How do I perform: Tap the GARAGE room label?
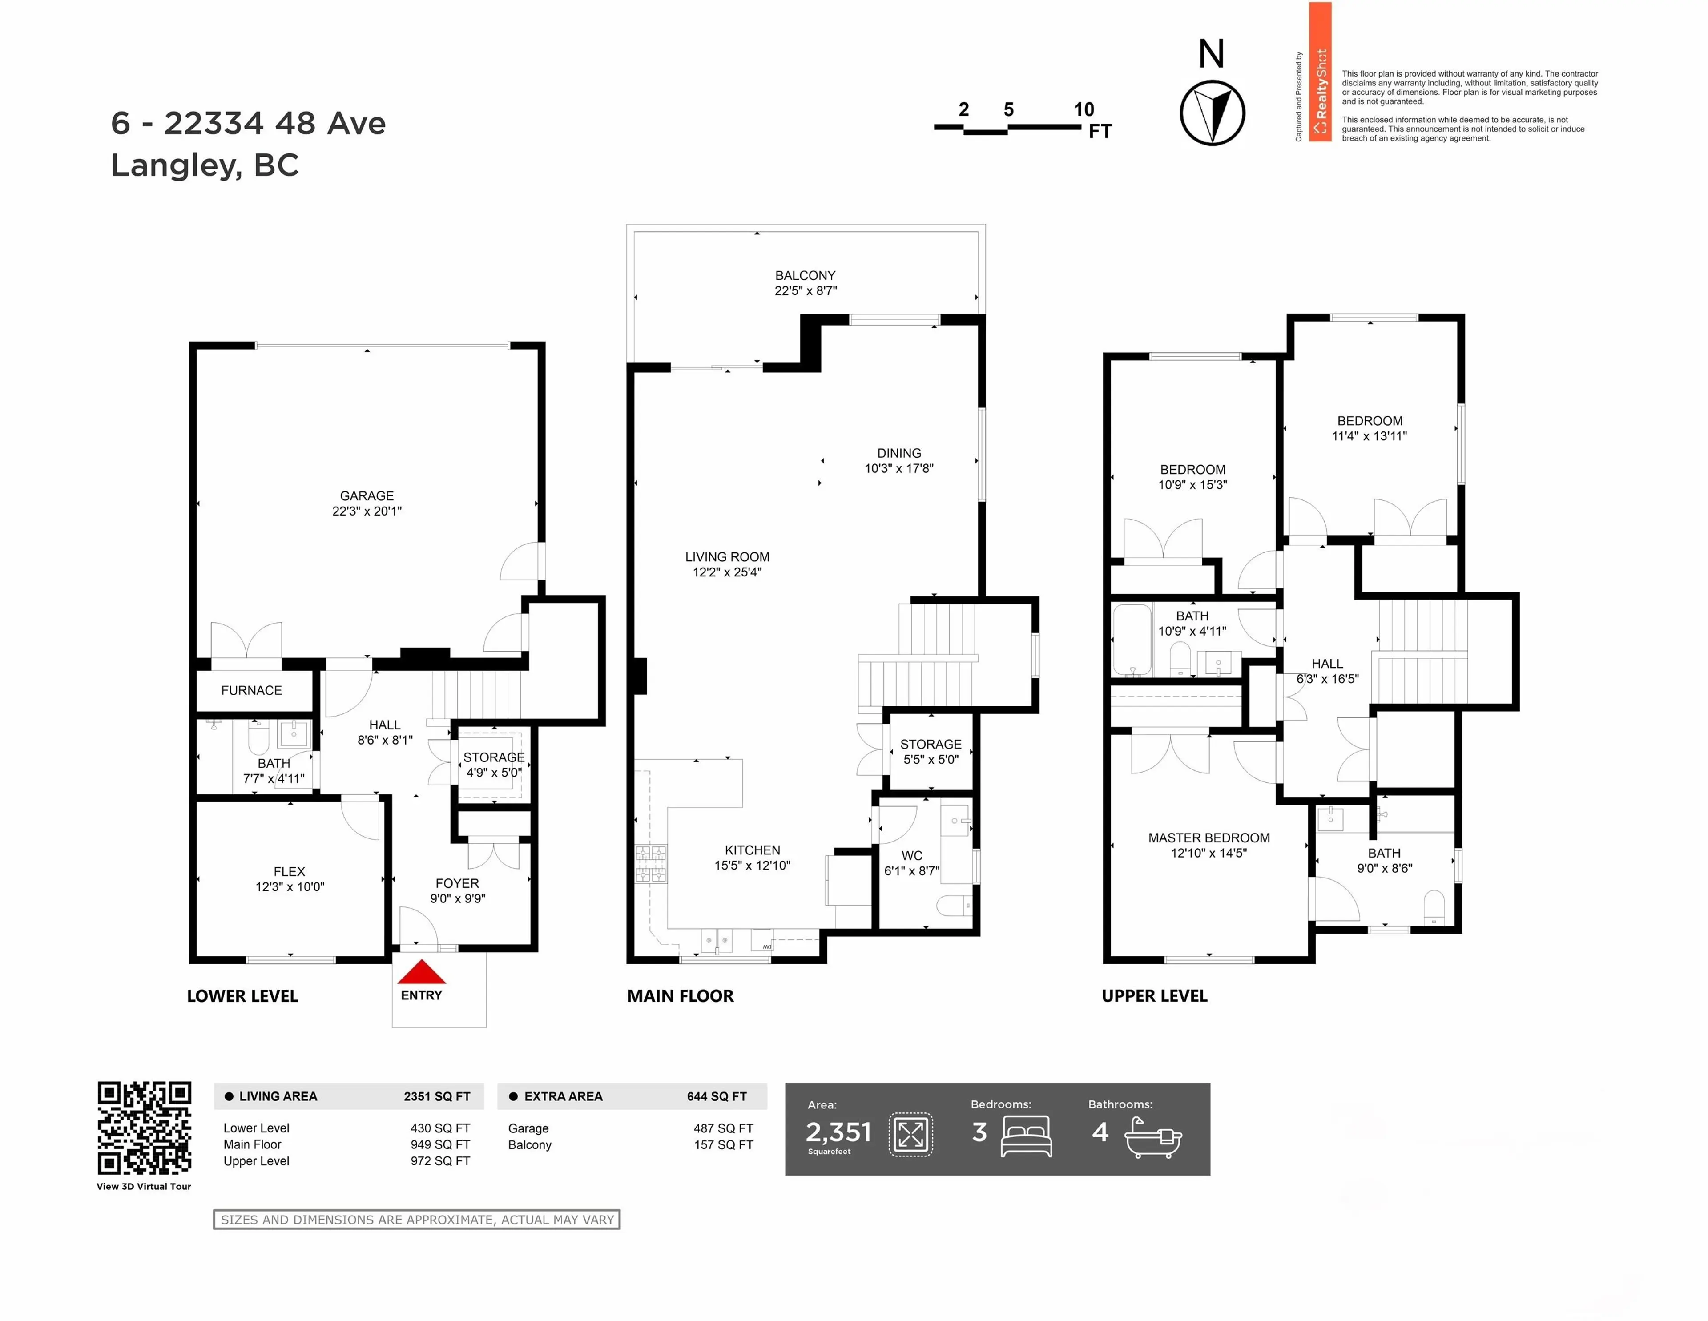click(367, 496)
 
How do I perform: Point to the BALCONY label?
click(805, 275)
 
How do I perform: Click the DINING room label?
click(898, 453)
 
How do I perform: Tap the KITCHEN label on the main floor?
click(752, 850)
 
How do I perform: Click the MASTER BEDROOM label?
click(1208, 838)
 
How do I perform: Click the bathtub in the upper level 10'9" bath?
click(1131, 639)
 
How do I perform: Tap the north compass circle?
click(1212, 113)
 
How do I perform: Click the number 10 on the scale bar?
click(1083, 109)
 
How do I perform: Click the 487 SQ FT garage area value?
click(723, 1128)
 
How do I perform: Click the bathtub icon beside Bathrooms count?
click(1153, 1139)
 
